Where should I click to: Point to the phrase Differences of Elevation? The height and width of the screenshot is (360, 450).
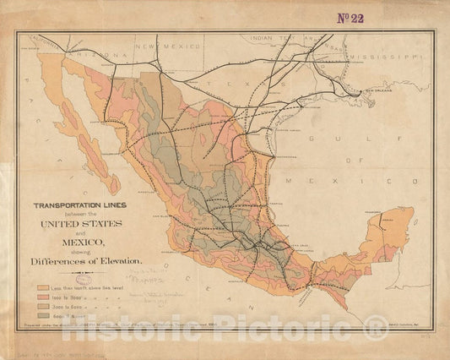point(91,261)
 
